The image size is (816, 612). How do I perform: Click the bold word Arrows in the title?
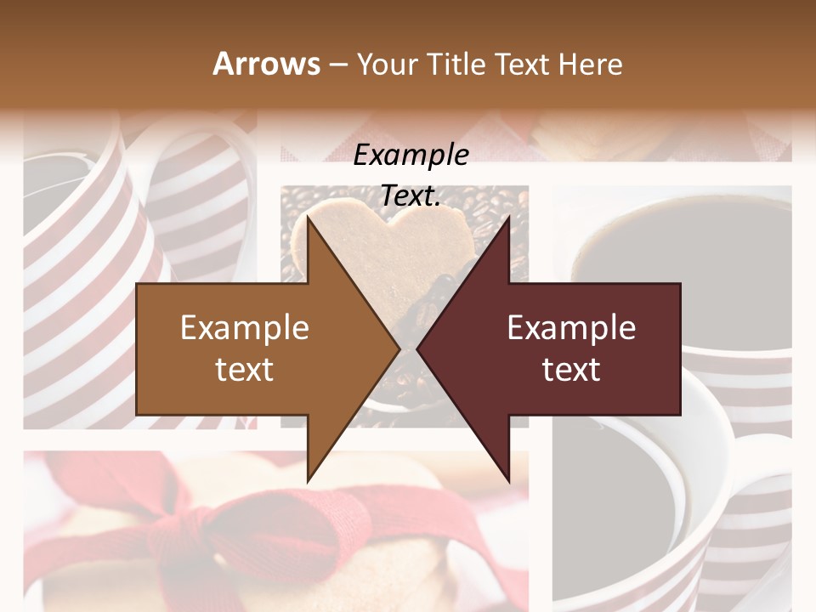[x=267, y=64]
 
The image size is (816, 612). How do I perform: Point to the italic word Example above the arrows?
[x=411, y=156]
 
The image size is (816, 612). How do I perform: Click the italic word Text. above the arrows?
[x=411, y=196]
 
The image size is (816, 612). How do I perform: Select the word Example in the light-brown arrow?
[x=245, y=328]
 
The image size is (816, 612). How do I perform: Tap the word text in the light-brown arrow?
[x=245, y=370]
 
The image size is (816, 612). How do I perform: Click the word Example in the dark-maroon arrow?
[x=571, y=328]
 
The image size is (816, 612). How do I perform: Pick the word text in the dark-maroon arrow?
[x=571, y=370]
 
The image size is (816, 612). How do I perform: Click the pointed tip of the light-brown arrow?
[x=399, y=348]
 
